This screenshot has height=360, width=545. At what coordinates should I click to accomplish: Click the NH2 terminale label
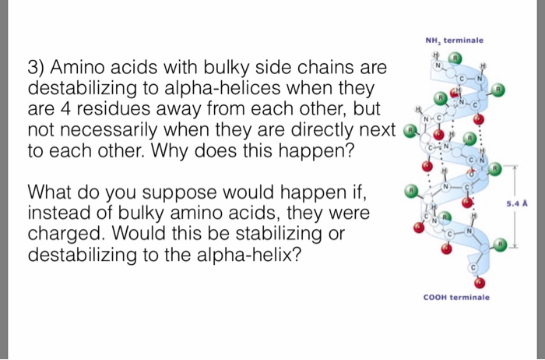[x=454, y=40]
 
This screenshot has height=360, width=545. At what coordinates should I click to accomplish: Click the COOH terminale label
[x=456, y=297]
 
